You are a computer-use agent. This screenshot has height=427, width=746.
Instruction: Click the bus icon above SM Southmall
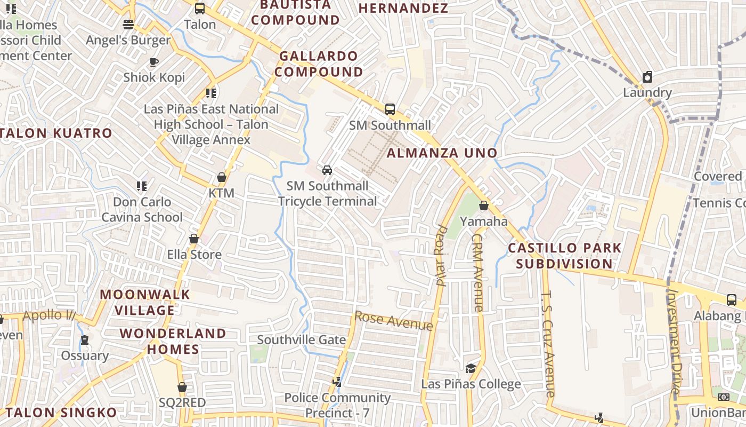[x=390, y=109]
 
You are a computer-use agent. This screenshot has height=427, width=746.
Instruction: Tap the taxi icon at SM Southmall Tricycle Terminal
[x=327, y=170]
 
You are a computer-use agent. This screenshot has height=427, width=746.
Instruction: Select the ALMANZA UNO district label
[x=442, y=153]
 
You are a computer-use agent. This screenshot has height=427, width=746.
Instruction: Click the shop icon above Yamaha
[x=484, y=205]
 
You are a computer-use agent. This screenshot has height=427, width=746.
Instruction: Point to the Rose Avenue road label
[x=393, y=321]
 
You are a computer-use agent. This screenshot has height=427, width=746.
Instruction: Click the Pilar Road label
[x=442, y=256]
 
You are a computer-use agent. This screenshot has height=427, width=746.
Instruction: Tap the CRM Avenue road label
[x=477, y=273]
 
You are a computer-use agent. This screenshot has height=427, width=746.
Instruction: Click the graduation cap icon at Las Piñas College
[x=471, y=368]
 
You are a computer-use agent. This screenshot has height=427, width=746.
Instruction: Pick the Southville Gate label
[x=302, y=340]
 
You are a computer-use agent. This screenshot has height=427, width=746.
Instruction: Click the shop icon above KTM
[x=222, y=177]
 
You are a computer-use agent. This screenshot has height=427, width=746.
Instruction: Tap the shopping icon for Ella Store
[x=194, y=239]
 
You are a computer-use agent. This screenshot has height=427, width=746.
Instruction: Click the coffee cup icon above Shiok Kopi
[x=154, y=62]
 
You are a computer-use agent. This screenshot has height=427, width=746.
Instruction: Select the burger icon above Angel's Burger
[x=128, y=25]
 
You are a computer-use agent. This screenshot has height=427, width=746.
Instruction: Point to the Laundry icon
[x=647, y=77]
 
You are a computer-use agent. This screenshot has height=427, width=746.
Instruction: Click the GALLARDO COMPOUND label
[x=319, y=64]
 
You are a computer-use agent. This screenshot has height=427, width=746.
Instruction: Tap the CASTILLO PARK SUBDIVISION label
[x=564, y=256]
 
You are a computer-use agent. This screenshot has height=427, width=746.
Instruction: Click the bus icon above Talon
[x=200, y=9]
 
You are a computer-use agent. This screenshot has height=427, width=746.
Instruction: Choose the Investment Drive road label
[x=674, y=342]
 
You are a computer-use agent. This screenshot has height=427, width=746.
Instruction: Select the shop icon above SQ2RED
[x=182, y=387]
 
